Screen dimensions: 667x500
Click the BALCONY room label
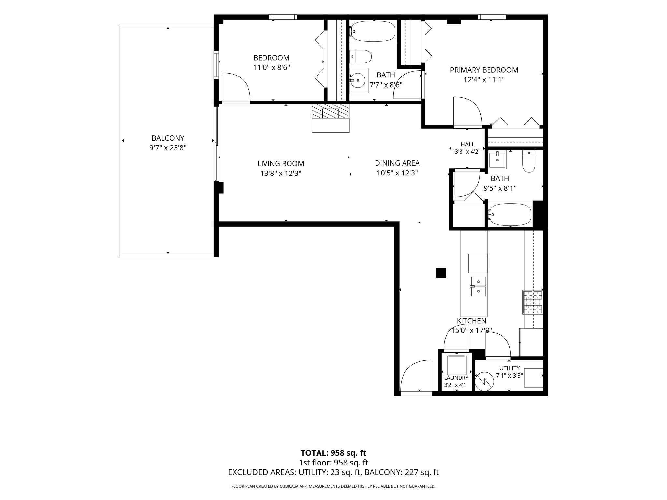[168, 138]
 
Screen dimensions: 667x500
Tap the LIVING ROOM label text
[281, 163]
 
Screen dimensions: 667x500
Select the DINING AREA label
[397, 163]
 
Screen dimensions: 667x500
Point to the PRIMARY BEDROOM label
[484, 70]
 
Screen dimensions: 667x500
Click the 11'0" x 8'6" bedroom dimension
[272, 68]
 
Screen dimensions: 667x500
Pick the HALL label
[468, 144]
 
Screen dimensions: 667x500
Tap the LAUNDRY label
[456, 378]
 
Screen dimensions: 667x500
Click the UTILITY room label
[510, 368]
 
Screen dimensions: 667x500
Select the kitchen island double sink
[478, 286]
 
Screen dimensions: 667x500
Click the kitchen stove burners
[533, 302]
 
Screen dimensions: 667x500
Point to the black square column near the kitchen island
[441, 273]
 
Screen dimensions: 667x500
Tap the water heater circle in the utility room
[485, 382]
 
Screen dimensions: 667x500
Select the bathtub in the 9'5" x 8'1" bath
[510, 215]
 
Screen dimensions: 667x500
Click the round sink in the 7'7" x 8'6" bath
[359, 78]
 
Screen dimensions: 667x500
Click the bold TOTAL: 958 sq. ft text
[333, 453]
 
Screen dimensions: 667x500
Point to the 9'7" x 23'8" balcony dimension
[168, 148]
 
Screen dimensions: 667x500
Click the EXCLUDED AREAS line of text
[333, 472]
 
